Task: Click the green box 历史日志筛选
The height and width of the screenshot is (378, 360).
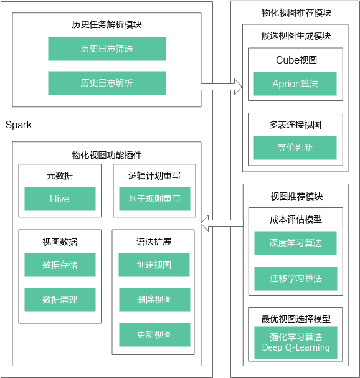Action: point(107,49)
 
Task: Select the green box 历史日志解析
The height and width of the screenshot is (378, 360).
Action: point(107,83)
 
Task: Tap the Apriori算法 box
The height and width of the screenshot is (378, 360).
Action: point(295,83)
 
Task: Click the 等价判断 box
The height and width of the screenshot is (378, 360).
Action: point(295,148)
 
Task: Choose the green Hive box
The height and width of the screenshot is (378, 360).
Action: point(60,199)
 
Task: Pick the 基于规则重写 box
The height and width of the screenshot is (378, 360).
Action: point(154,199)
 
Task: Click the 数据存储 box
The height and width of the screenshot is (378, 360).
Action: point(60,265)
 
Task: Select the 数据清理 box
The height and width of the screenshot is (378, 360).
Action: point(60,300)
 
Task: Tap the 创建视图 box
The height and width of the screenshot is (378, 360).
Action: point(154,265)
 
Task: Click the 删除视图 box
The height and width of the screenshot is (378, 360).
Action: point(154,300)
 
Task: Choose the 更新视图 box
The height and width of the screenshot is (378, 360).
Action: point(154,334)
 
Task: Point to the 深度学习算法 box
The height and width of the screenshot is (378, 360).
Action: point(295,243)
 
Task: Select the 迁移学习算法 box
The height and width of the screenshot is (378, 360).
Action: point(296,278)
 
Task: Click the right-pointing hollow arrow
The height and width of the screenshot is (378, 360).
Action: point(221,87)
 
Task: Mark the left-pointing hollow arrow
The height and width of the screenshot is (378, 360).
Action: point(222,223)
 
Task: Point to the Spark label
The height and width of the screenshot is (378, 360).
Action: point(19,125)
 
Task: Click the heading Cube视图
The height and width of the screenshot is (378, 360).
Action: point(296,60)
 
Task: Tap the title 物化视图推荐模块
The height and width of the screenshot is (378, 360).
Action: point(296,12)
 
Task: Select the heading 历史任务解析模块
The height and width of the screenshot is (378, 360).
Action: point(107,24)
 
